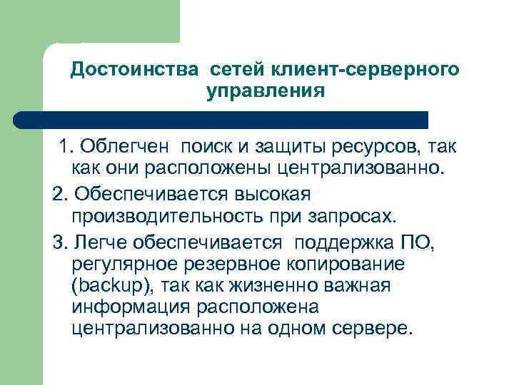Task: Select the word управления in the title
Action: pyautogui.click(x=265, y=92)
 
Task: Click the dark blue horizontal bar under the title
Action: pyautogui.click(x=221, y=119)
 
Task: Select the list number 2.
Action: pyautogui.click(x=59, y=193)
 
